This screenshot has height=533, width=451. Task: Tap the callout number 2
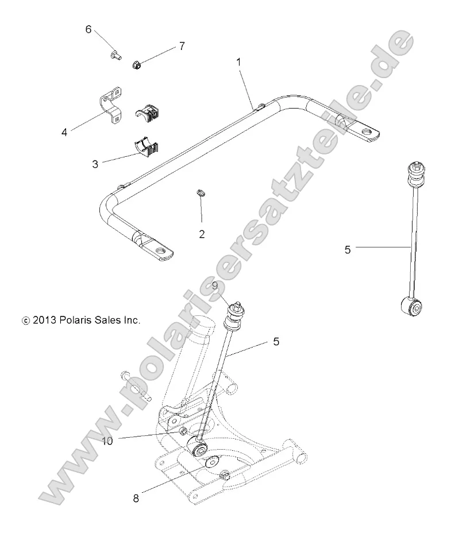(202, 234)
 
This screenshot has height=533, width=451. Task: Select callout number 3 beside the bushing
(95, 164)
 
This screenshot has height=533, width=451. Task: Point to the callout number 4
(65, 132)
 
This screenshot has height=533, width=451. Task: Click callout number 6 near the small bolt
(88, 29)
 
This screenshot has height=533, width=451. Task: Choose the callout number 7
(182, 47)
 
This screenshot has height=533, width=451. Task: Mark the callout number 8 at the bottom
(136, 498)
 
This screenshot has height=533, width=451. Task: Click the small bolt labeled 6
(114, 55)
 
